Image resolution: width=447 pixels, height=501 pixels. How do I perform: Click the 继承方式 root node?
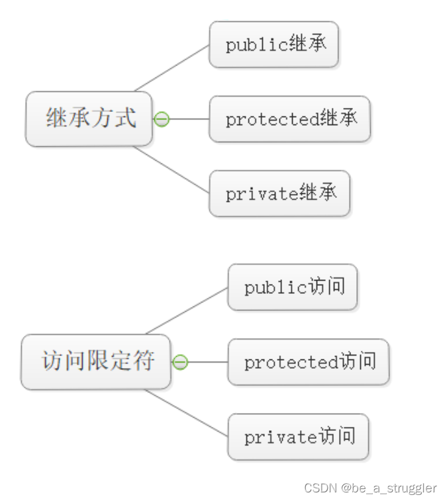pos(89,118)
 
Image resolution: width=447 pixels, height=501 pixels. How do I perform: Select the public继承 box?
pos(273,44)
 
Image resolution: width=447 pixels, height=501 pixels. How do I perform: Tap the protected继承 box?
pos(289,119)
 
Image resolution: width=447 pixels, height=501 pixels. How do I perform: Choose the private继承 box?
pos(279,193)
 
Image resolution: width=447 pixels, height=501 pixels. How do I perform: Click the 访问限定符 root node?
pos(96,361)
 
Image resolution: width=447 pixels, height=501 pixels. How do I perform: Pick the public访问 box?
pos(292,287)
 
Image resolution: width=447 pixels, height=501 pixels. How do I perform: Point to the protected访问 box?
pos(308,362)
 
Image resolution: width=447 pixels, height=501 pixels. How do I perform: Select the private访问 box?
pos(297,437)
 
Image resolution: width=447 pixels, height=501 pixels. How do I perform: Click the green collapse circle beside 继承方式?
pos(162,119)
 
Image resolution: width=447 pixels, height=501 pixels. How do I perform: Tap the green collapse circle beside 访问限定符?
pos(180,362)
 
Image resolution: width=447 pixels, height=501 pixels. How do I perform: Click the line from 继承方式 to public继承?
pos(172,68)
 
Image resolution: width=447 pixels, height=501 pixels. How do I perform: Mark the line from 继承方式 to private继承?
pos(172,170)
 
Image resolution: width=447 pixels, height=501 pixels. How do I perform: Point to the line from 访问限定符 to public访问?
pos(187,310)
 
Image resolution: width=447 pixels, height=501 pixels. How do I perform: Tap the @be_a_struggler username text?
pos(389,488)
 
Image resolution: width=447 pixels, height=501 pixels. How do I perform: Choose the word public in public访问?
pos(266,288)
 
